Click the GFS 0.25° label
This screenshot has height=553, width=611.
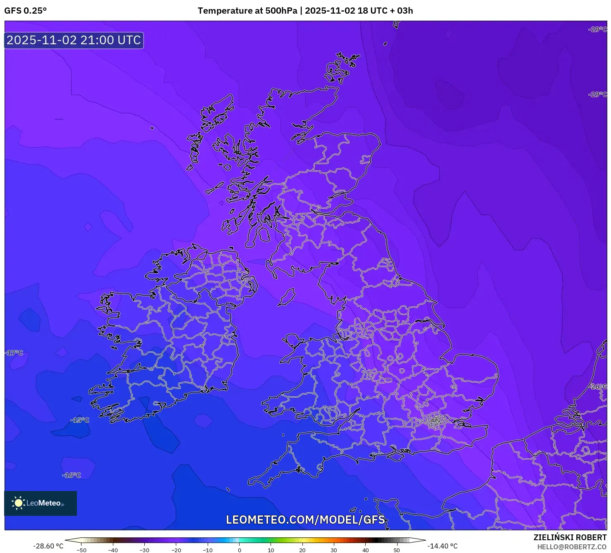[x=26, y=11]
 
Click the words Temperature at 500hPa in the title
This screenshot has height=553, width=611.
[x=247, y=11]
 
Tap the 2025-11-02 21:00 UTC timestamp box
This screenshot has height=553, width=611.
[x=74, y=41]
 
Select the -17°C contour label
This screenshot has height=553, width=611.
[x=14, y=353]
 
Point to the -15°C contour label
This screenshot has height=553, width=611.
[x=80, y=420]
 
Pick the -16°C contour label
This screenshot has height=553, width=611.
[x=72, y=475]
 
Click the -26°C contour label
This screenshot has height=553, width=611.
[x=598, y=387]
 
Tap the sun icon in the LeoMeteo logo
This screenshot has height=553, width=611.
[x=18, y=503]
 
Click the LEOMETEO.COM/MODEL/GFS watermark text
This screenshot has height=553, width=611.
[x=305, y=520]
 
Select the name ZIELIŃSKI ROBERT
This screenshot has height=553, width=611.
[x=570, y=538]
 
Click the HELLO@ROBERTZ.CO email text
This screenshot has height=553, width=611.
[x=572, y=547]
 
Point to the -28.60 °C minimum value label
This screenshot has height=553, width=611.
[x=49, y=546]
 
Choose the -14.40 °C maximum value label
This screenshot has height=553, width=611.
[x=442, y=546]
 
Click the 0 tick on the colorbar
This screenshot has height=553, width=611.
[x=240, y=550]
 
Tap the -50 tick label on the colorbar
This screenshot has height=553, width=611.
[x=81, y=550]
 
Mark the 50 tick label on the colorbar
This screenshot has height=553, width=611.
[x=397, y=550]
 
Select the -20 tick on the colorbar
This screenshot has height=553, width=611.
[x=176, y=550]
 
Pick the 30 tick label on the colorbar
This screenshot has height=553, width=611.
[x=334, y=550]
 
